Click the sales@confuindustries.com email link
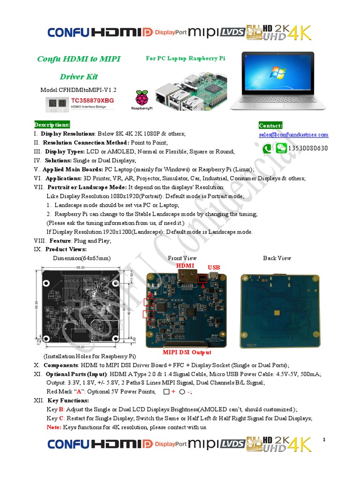tap(293, 135)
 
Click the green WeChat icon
tap(281, 149)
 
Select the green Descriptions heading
tap(52, 125)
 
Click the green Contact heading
tap(270, 125)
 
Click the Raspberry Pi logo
tap(141, 99)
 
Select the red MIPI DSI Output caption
tap(187, 352)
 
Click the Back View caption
tap(277, 258)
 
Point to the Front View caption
tap(182, 258)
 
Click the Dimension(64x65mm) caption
tap(82, 258)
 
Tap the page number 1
tap(323, 439)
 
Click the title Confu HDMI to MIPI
tap(79, 59)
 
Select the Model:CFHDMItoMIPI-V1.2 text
tap(79, 89)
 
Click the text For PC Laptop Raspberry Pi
tap(186, 59)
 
